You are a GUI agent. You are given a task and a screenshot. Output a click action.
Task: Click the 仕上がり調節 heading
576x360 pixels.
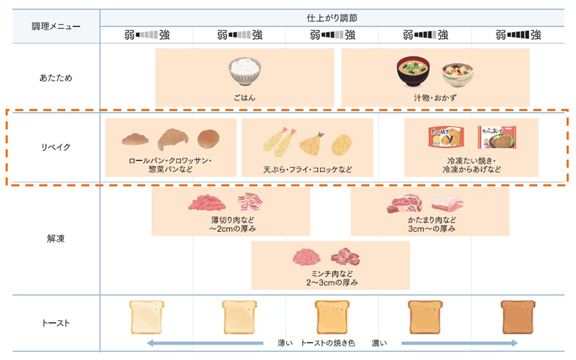tap(332, 18)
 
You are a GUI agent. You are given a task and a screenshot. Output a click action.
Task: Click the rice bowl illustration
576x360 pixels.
tap(244, 72)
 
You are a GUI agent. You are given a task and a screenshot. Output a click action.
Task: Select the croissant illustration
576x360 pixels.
tap(173, 139)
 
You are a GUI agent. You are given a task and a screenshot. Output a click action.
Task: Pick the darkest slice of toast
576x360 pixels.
tap(518, 317)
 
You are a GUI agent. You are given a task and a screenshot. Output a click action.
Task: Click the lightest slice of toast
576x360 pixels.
tap(147, 317)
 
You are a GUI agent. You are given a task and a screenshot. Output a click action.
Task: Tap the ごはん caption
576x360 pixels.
tap(244, 97)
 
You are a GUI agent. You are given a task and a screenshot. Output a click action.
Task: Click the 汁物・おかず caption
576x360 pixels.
tap(435, 97)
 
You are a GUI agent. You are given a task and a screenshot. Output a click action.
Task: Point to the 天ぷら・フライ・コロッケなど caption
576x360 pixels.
tap(308, 170)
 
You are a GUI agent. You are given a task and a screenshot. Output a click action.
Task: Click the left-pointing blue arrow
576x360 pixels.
tap(205, 343)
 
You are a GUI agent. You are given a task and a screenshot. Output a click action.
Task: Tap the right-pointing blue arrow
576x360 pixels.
tap(459, 343)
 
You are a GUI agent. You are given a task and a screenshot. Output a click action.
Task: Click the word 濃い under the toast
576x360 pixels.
tap(379, 343)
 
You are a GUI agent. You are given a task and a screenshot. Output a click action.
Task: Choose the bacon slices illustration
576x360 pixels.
tap(250, 202)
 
